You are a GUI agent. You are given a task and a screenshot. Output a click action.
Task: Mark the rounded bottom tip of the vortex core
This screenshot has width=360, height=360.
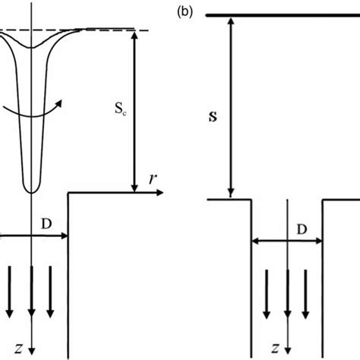[x=31, y=188]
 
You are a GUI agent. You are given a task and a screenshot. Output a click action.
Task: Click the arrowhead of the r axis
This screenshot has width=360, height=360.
[x=160, y=194]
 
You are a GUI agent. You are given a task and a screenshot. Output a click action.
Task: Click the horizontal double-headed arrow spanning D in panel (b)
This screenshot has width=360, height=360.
[x=287, y=243]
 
